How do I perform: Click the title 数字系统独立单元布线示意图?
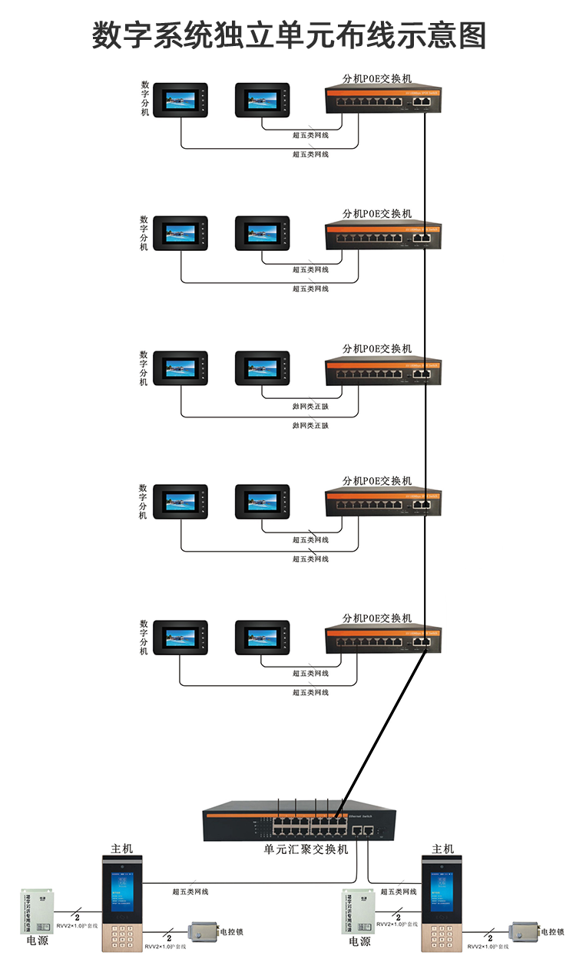click(289, 35)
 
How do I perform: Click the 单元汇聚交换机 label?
click(306, 849)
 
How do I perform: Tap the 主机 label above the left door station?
click(121, 849)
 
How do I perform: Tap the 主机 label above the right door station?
click(442, 849)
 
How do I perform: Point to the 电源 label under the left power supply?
click(37, 941)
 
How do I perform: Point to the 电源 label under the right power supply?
click(359, 941)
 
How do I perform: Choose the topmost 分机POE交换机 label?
click(377, 78)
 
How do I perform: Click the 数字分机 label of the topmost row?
click(145, 98)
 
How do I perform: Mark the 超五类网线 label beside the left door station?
click(190, 892)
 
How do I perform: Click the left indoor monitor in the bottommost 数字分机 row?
click(180, 638)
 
